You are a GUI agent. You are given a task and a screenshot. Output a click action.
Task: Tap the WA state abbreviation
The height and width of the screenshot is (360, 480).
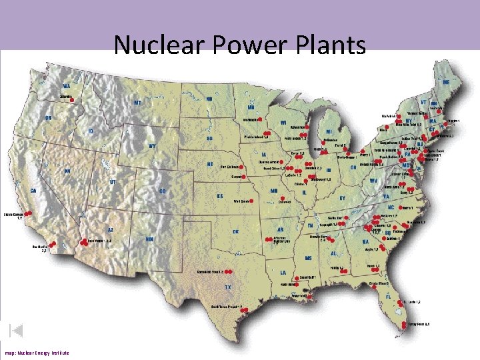(67, 86)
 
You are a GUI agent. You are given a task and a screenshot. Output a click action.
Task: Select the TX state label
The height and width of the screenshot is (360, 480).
(228, 287)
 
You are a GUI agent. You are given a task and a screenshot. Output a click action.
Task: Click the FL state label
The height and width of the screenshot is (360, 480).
(388, 297)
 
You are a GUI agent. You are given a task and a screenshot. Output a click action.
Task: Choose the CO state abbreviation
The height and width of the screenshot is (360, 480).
(162, 191)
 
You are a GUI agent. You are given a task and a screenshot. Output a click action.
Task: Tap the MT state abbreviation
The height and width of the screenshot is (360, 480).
(138, 103)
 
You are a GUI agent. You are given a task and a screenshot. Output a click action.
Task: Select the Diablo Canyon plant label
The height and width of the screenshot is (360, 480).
(13, 216)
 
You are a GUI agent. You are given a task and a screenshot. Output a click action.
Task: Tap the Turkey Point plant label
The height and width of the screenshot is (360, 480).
(419, 323)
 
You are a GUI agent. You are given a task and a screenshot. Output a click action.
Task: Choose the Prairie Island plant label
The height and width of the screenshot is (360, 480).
(255, 137)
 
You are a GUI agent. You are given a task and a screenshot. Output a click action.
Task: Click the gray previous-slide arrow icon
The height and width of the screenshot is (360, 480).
(17, 330)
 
